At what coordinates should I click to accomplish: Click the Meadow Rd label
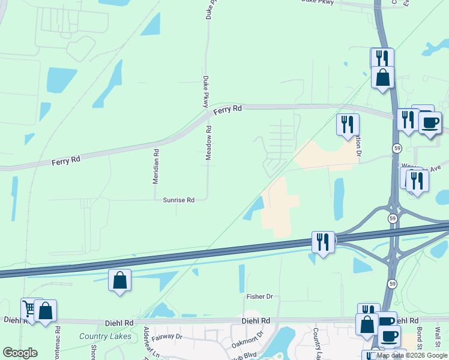(x=209, y=142)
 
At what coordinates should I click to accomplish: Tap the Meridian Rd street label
(x=156, y=166)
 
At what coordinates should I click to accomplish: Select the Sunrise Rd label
(x=179, y=200)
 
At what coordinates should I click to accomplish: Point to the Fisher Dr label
(x=259, y=296)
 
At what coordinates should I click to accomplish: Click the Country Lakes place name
(x=105, y=336)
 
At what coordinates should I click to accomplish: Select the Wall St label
(x=438, y=330)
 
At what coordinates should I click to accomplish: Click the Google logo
(x=20, y=353)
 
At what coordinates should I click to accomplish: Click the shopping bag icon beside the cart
(x=45, y=311)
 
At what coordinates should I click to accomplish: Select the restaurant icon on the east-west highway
(x=323, y=242)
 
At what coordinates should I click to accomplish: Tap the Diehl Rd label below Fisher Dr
(x=256, y=321)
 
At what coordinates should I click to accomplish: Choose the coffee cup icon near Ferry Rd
(x=429, y=122)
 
